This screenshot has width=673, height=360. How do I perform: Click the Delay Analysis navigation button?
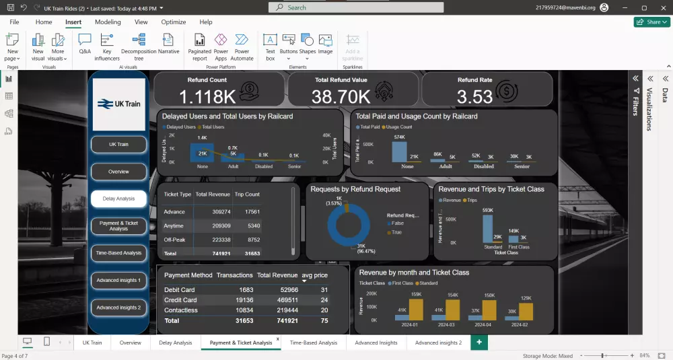pos(118,199)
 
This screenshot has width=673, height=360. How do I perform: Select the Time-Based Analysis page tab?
pos(313,343)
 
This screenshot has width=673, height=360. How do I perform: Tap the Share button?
pos(651,22)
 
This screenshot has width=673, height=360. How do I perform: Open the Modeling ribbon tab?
pos(108,22)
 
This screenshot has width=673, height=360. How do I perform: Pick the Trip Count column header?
pos(247,194)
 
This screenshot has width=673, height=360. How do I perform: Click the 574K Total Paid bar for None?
pos(399,152)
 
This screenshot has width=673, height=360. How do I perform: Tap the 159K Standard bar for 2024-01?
pos(415,310)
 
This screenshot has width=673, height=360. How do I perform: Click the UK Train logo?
pos(118,104)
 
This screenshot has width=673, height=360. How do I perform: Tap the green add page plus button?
pos(479,343)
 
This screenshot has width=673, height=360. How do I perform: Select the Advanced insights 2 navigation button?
pos(118,308)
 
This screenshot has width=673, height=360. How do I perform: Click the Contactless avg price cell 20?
pos(324,310)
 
